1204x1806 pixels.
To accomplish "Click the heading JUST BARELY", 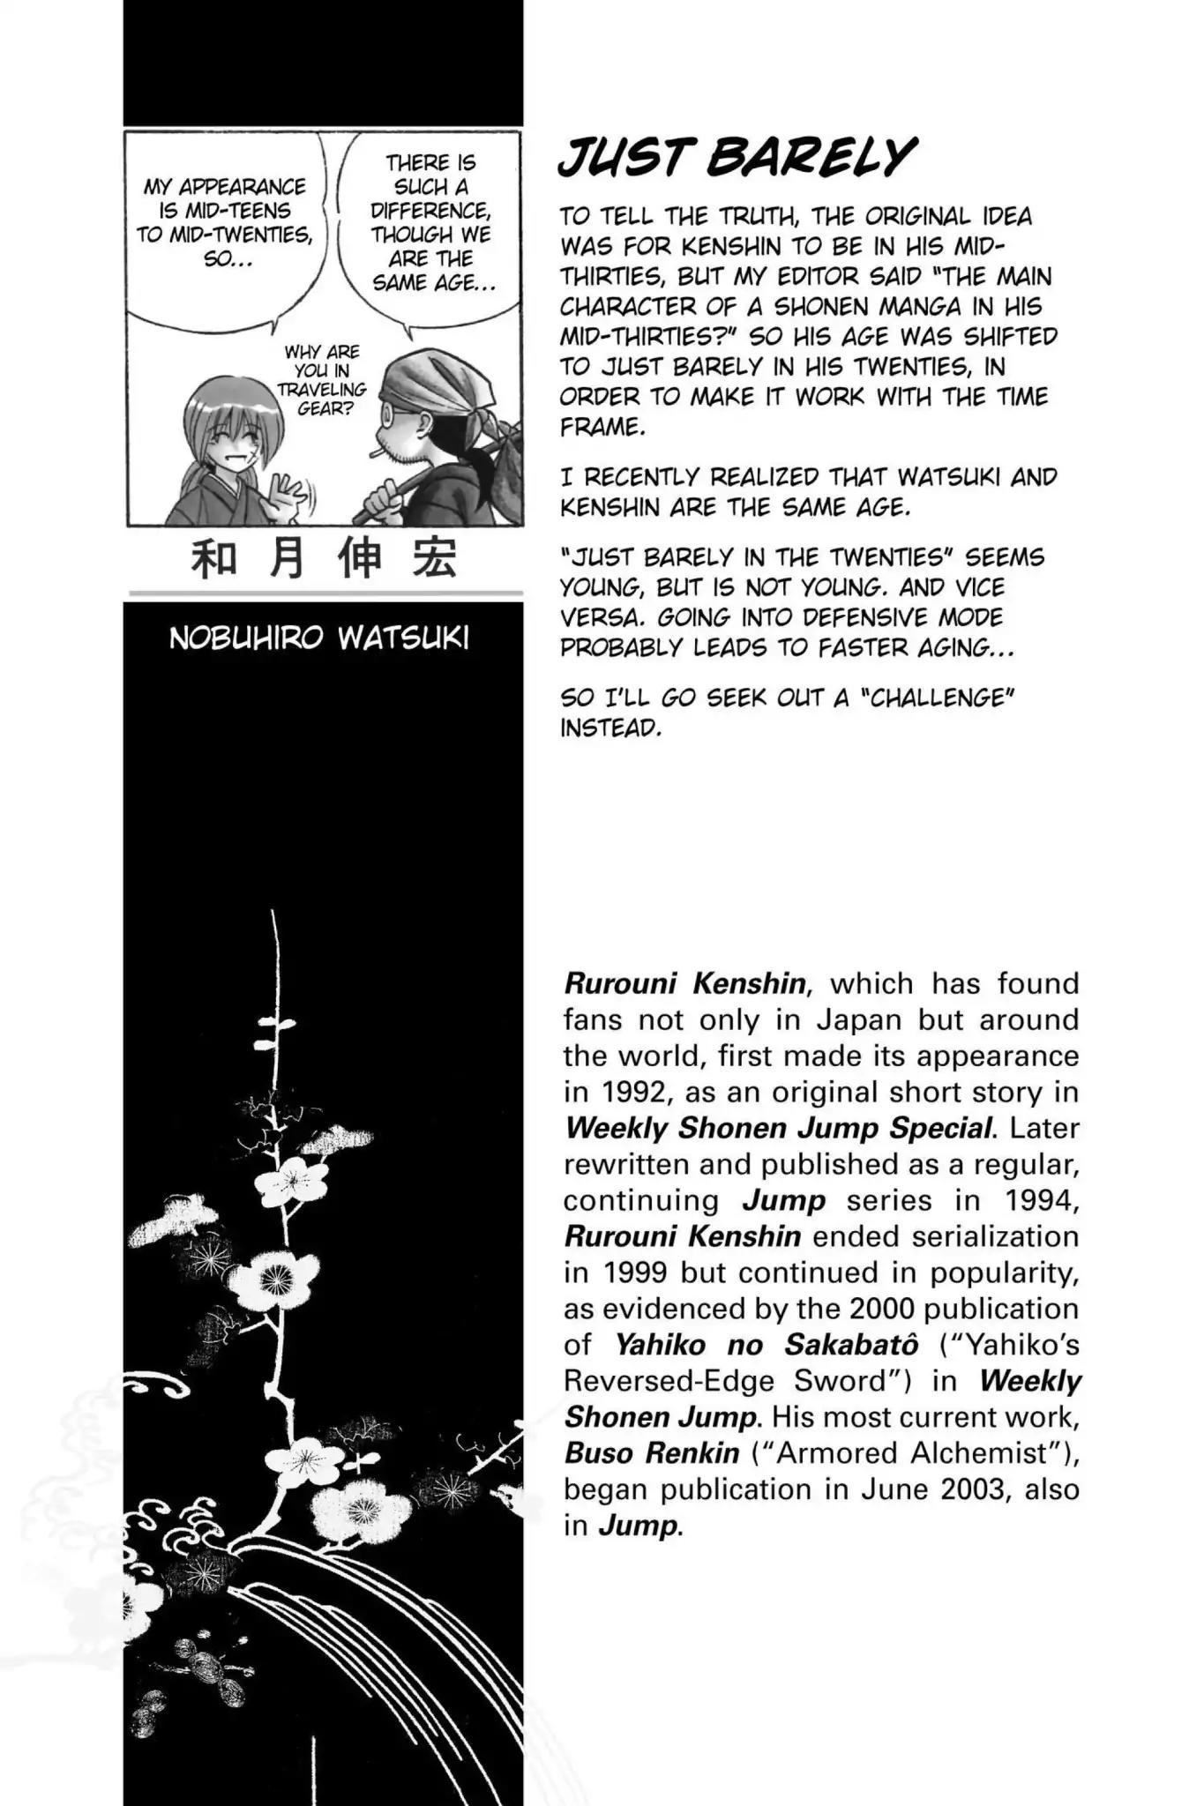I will pos(737,159).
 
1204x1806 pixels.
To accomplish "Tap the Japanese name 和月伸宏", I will pos(325,559).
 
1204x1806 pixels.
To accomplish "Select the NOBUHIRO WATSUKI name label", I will pos(318,638).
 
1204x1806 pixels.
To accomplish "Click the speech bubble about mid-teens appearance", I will pos(225,223).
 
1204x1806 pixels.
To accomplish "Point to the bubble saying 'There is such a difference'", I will pos(431,223).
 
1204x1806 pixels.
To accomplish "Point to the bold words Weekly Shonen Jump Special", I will pos(779,1128).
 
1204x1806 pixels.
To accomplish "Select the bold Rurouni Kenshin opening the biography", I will pos(685,983).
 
